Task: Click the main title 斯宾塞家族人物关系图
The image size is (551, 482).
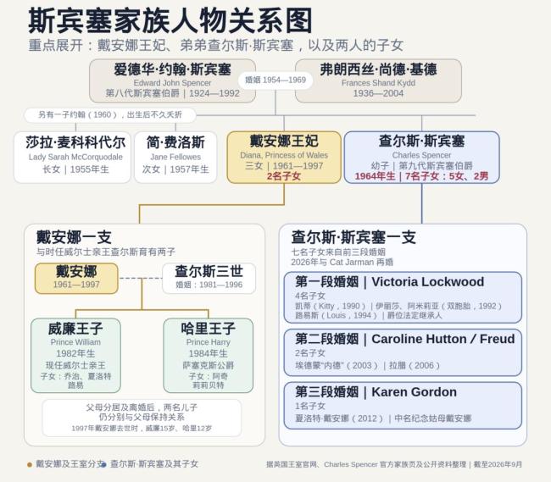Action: (x=170, y=20)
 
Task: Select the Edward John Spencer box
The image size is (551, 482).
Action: (x=172, y=80)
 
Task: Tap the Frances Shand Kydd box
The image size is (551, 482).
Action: (x=378, y=80)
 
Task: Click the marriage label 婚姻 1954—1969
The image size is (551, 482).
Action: (x=275, y=80)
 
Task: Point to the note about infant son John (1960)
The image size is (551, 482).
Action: (x=109, y=115)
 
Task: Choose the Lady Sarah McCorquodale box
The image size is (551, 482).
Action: (x=72, y=158)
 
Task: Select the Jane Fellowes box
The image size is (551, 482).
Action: (x=175, y=158)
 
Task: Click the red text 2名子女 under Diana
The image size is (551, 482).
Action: (x=284, y=176)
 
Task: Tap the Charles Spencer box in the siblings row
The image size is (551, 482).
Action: (x=421, y=158)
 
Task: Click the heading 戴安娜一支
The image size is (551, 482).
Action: (x=74, y=237)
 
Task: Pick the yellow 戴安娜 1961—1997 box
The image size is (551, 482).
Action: (x=76, y=278)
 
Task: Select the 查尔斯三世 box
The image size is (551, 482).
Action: (x=209, y=278)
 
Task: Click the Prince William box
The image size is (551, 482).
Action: (x=75, y=355)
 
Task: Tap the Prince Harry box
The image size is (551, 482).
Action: (x=208, y=355)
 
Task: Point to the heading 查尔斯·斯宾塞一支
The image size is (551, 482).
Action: (x=353, y=237)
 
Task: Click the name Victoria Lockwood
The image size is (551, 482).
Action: (x=427, y=281)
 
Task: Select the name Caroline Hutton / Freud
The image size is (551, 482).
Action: (x=443, y=339)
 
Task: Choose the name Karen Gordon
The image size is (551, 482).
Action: (x=415, y=391)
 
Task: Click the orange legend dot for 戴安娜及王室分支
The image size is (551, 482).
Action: (x=30, y=465)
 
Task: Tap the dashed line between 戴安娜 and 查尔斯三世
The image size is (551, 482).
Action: (x=140, y=278)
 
